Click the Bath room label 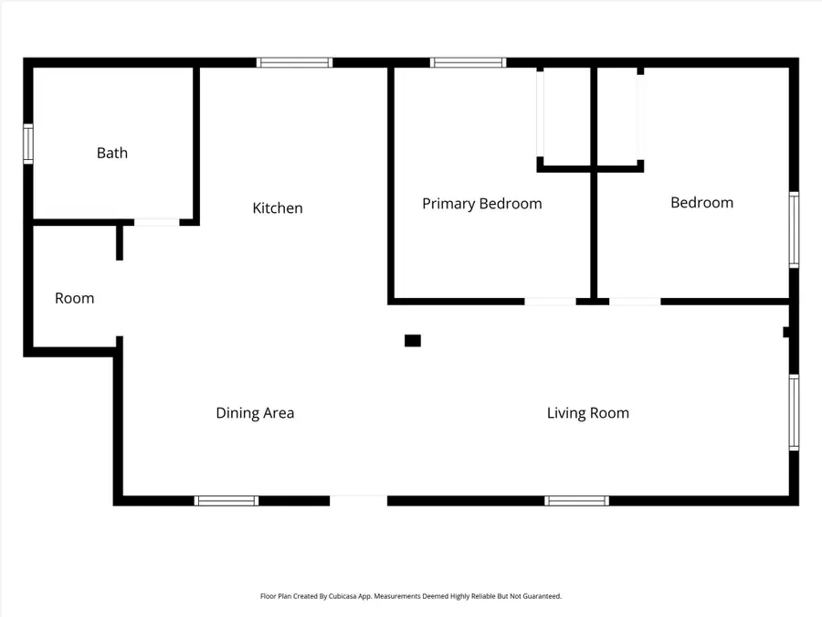click(x=112, y=153)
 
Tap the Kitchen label click(x=278, y=208)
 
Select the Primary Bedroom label click(x=481, y=203)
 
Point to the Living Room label click(x=588, y=413)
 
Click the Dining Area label click(x=255, y=413)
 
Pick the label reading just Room click(x=74, y=298)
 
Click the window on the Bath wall click(x=28, y=144)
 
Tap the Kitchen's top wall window click(x=294, y=63)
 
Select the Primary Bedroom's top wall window click(x=468, y=63)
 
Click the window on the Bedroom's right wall click(x=794, y=229)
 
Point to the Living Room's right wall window click(x=794, y=412)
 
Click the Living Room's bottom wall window click(x=576, y=501)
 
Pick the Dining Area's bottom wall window click(x=227, y=501)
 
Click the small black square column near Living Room click(x=413, y=341)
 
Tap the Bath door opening click(x=157, y=221)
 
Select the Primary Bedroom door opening click(x=550, y=301)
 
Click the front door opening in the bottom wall click(x=358, y=500)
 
